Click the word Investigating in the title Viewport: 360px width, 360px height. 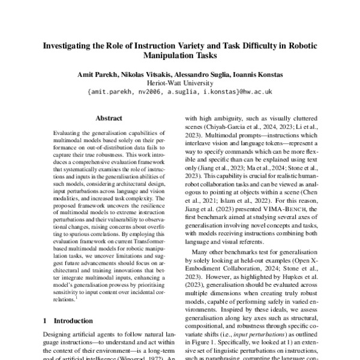pyautogui.click(x=68, y=46)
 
